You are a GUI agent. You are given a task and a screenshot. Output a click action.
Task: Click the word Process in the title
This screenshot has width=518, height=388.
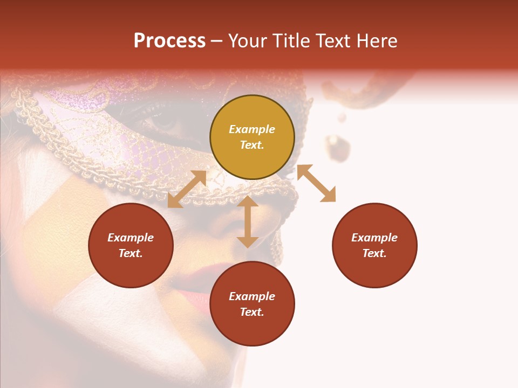click(169, 41)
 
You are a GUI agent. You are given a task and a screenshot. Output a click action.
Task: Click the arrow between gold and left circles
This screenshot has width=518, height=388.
click(187, 189)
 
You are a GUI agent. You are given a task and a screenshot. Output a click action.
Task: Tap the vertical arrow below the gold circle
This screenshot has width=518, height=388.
click(248, 221)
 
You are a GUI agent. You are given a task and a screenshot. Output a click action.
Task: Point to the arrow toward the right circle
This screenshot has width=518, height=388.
click(316, 183)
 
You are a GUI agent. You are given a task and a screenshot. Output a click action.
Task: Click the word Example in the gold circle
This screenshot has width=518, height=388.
click(252, 129)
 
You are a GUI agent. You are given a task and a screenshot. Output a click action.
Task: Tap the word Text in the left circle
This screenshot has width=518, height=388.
click(131, 253)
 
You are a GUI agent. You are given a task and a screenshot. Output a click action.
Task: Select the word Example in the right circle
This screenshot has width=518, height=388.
click(374, 238)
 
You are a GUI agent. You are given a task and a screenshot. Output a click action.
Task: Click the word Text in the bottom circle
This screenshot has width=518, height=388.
click(252, 312)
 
